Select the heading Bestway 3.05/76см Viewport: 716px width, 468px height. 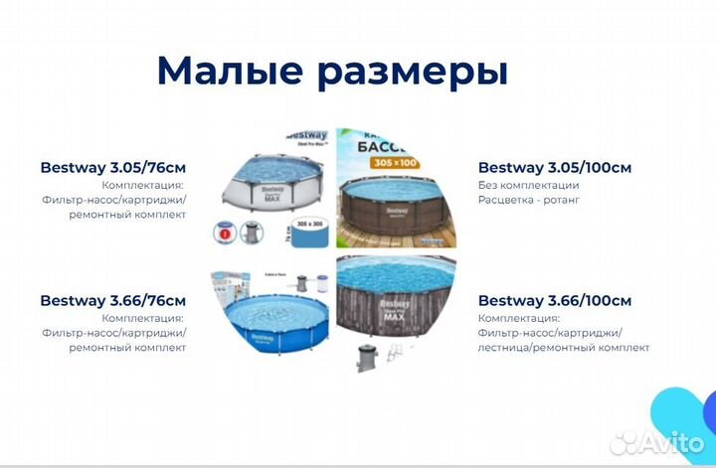point(113,167)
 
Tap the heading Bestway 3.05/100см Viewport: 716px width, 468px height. point(554,167)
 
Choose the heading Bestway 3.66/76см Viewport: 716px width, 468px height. point(113,300)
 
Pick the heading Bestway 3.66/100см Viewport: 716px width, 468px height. point(554,300)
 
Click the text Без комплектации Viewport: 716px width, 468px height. point(528,185)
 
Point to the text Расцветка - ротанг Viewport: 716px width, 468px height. point(528,200)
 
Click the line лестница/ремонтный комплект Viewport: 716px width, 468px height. point(563,348)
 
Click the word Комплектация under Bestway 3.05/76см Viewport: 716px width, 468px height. point(143,185)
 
